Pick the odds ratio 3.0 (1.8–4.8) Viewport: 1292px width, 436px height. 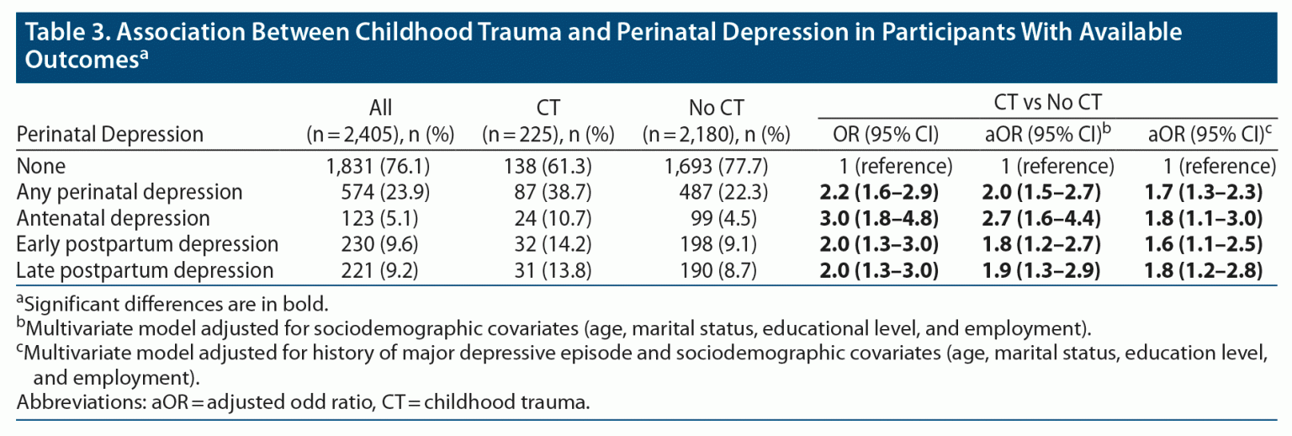point(879,218)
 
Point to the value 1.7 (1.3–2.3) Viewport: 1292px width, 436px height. point(1205,192)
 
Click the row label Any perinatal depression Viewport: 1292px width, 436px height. point(130,192)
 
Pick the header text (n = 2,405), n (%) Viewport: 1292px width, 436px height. point(381,135)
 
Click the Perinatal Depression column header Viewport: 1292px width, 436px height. point(110,135)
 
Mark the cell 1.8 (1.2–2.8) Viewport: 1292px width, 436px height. point(1205,270)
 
